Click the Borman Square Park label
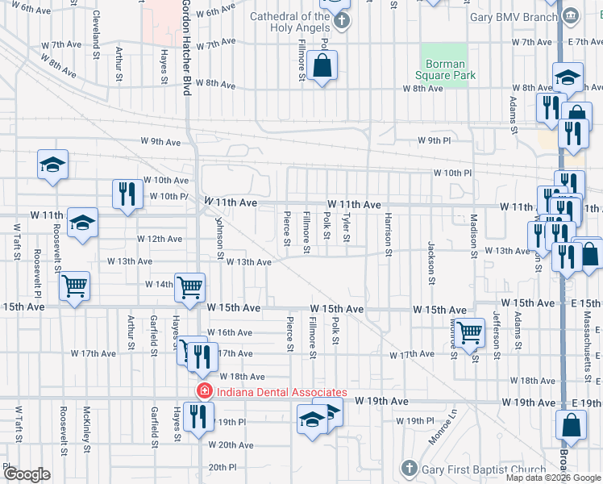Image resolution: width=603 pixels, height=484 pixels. [444, 69]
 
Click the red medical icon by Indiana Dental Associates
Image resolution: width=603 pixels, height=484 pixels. [205, 392]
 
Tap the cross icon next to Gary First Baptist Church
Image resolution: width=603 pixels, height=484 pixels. [409, 469]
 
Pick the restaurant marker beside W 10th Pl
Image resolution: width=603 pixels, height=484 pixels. [127, 194]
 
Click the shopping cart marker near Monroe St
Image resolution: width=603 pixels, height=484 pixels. [469, 331]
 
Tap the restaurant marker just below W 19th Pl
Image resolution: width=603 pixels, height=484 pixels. [195, 417]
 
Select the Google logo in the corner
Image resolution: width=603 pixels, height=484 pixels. [27, 474]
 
